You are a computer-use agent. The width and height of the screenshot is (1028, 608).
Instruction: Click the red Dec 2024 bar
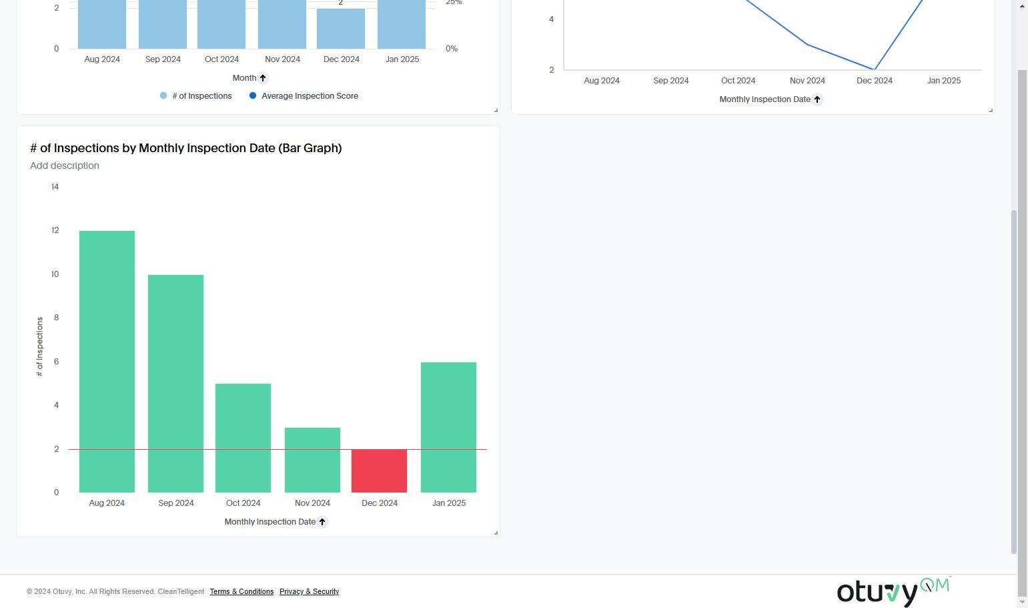coord(379,471)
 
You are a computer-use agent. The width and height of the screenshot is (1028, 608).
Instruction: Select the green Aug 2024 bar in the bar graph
coord(107,361)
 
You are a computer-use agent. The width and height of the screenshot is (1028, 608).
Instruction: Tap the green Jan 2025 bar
coord(448,427)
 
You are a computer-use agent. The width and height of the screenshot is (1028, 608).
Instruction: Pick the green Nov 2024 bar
coord(312,460)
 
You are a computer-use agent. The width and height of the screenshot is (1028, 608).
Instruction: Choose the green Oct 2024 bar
coord(243,438)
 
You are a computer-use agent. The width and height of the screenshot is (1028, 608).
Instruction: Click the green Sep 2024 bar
coord(175,383)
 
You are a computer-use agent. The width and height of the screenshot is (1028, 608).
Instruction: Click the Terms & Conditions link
coord(241,591)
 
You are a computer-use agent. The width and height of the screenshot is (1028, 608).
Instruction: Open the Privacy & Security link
coord(309,591)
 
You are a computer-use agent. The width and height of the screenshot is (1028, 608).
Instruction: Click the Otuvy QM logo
coord(893,591)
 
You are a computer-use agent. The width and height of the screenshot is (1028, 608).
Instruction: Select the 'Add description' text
coord(65,166)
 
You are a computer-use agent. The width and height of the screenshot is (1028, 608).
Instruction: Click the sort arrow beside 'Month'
coord(263,78)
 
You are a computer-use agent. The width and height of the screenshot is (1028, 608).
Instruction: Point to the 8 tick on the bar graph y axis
coord(56,318)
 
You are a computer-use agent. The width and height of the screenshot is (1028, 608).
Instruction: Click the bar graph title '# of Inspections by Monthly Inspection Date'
coord(185,148)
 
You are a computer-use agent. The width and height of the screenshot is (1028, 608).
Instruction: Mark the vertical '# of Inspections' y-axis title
coord(39,346)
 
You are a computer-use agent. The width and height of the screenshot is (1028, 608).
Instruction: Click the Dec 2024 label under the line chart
coord(874,81)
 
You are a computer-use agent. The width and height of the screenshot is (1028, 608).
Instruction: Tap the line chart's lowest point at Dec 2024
coord(874,69)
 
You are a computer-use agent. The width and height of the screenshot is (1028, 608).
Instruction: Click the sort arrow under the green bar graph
coord(322,522)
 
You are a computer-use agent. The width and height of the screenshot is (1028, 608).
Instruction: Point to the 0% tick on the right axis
coord(452,49)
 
